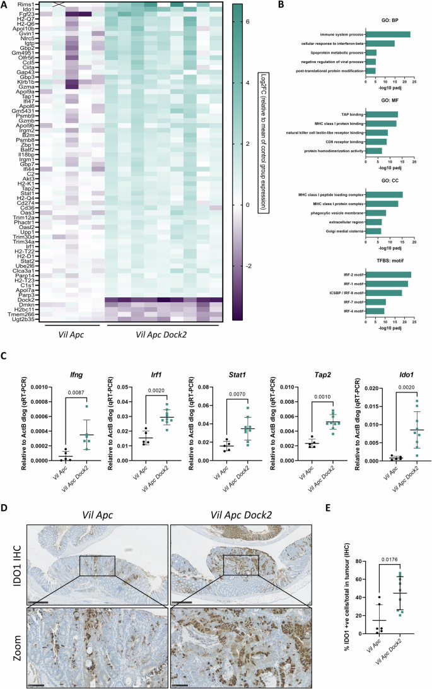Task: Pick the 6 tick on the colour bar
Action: pos(247,22)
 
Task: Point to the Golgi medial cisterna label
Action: pos(346,231)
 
